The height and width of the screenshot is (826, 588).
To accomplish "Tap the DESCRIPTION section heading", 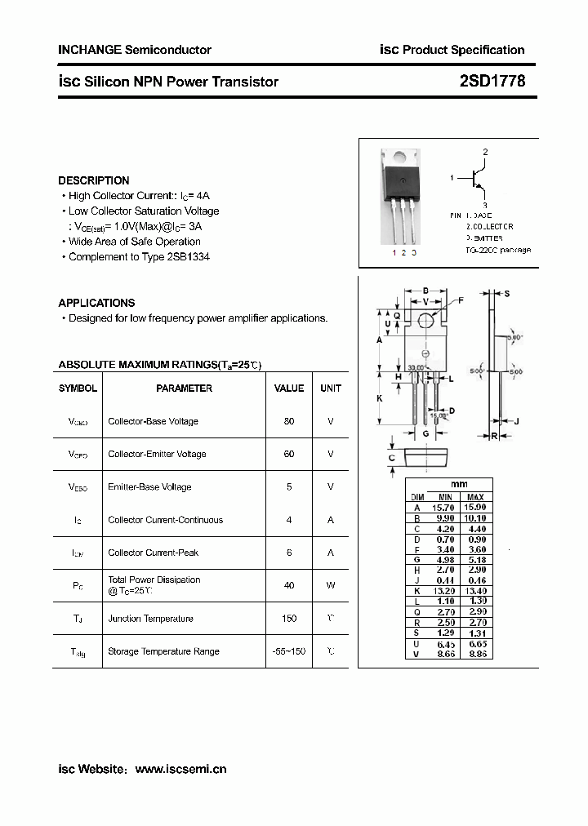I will [x=94, y=180].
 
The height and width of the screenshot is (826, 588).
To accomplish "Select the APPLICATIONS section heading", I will [x=96, y=303].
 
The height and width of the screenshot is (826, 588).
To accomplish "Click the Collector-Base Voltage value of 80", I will [x=289, y=421].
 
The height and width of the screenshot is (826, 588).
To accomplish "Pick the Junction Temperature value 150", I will [x=289, y=619].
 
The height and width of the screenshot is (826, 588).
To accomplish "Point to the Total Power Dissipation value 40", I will [x=289, y=585].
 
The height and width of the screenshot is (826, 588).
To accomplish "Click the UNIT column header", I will [x=331, y=389].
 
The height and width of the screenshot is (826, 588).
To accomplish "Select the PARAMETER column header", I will [x=185, y=389].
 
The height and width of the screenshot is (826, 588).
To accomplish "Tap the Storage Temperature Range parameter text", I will [x=163, y=651].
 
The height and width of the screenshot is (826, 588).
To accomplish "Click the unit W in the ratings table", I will [x=331, y=585].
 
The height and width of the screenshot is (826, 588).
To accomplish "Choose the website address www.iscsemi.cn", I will [x=180, y=769].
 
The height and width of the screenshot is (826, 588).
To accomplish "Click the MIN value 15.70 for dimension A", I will [x=443, y=508].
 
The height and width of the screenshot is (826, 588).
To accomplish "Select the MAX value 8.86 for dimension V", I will [x=476, y=655].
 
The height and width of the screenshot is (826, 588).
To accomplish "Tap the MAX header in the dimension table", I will [x=476, y=497].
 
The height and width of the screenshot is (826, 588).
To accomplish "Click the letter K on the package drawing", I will [x=379, y=398].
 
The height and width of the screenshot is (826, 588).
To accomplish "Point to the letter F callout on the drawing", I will [x=461, y=300].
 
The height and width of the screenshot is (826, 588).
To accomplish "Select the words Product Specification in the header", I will [x=464, y=50].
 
